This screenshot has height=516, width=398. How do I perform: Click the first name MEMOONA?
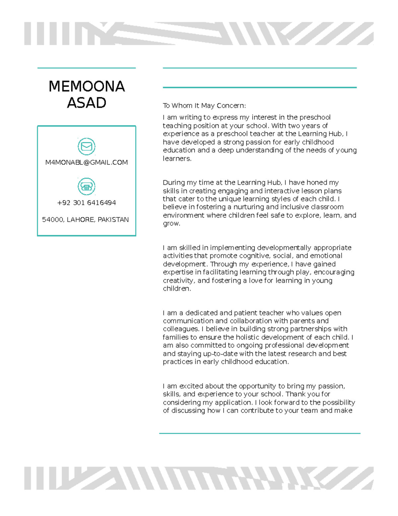[87, 86]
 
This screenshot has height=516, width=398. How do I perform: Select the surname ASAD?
[87, 103]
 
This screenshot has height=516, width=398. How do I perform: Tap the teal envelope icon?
[87, 147]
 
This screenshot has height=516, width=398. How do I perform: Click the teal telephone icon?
[87, 187]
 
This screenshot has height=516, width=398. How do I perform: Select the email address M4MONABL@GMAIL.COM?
[87, 162]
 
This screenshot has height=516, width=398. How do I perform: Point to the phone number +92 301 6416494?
[87, 203]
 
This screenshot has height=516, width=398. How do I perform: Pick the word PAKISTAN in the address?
[113, 220]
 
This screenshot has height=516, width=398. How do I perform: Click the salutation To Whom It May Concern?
[204, 106]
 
